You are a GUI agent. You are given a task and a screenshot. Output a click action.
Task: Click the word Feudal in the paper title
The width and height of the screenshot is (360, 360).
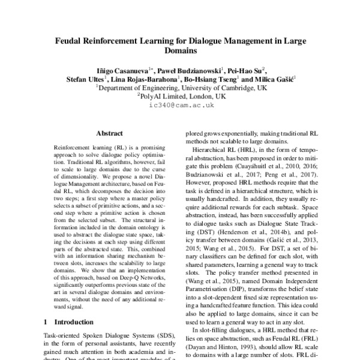click(x=73, y=41)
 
